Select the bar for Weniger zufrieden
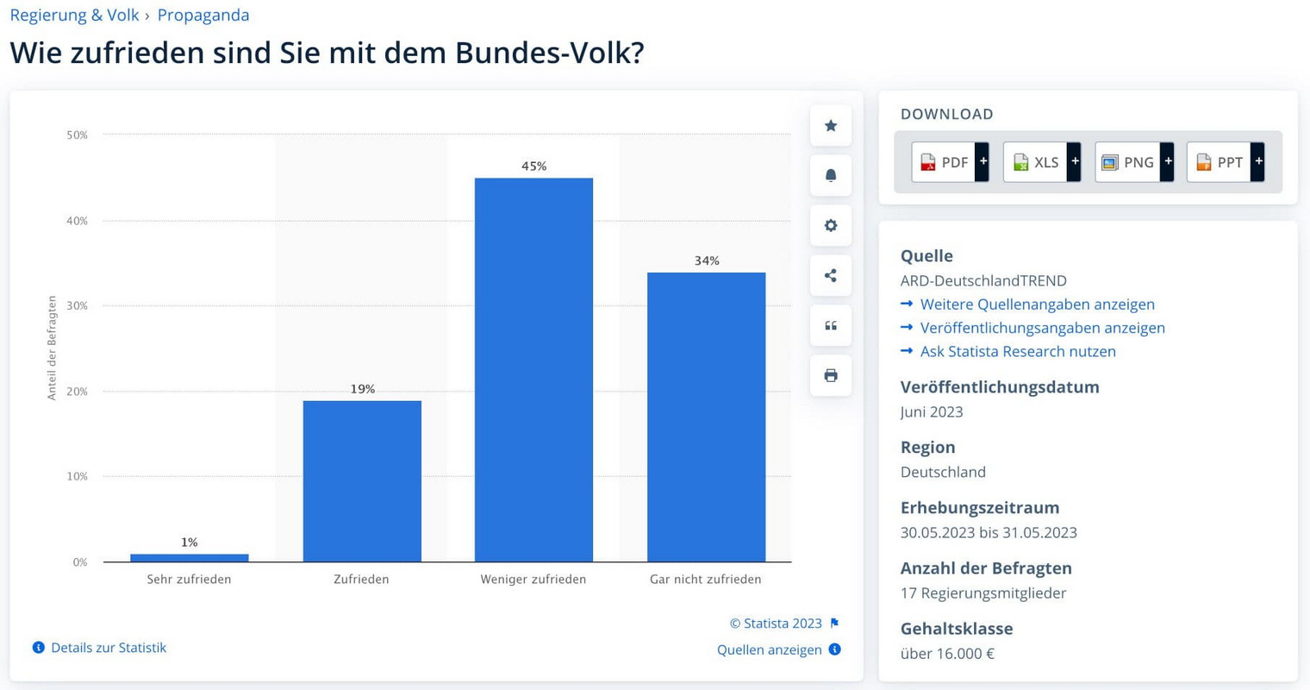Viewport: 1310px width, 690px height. point(533,371)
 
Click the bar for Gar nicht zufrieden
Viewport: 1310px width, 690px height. point(706,417)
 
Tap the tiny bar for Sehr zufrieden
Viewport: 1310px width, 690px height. point(190,558)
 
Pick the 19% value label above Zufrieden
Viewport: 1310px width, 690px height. point(362,389)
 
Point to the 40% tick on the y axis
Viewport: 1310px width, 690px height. point(78,221)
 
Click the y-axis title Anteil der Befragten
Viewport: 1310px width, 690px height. point(52,348)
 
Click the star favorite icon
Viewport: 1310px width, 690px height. point(831,126)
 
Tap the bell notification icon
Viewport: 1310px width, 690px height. point(831,176)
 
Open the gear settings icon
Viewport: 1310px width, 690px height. point(831,226)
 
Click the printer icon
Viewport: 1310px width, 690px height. point(831,375)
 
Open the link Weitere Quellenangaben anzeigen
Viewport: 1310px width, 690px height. point(1037,304)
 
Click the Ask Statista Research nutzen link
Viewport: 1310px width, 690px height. point(1018,351)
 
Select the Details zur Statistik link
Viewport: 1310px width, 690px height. point(108,648)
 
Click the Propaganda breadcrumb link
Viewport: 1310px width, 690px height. point(203,16)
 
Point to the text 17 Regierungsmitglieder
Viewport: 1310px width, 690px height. point(983,593)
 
